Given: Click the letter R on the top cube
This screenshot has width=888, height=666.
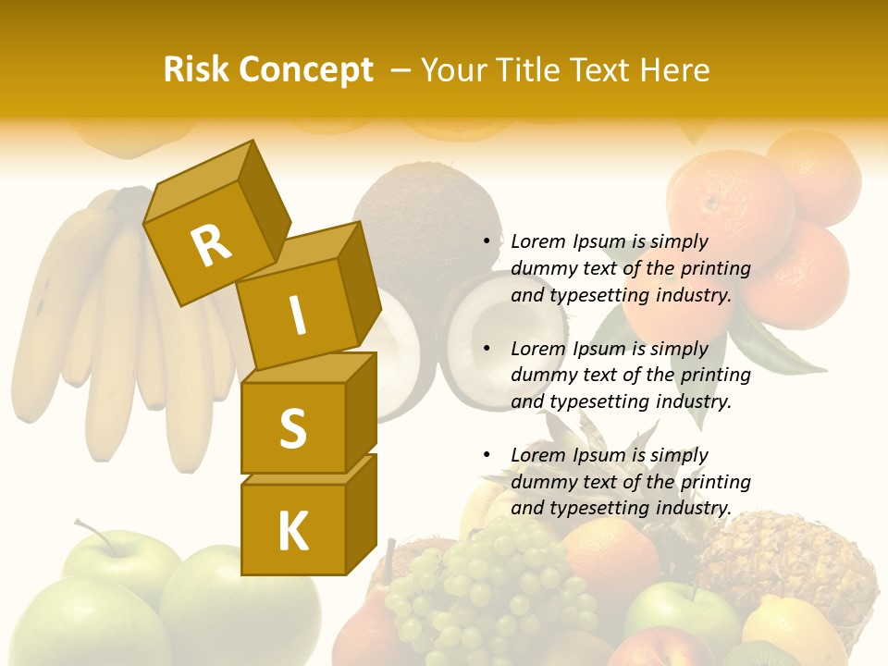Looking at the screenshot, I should point(211,244).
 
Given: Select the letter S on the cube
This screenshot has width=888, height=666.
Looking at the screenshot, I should point(292,428).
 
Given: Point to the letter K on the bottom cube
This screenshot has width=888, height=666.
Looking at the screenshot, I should point(292,532).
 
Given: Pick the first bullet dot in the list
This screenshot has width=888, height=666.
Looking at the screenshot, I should point(487,241).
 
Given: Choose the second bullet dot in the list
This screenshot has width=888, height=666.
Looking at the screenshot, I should point(487,349).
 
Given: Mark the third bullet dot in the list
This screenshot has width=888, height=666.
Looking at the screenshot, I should point(487,455).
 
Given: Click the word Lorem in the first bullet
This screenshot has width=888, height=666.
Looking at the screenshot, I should point(536,241).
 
